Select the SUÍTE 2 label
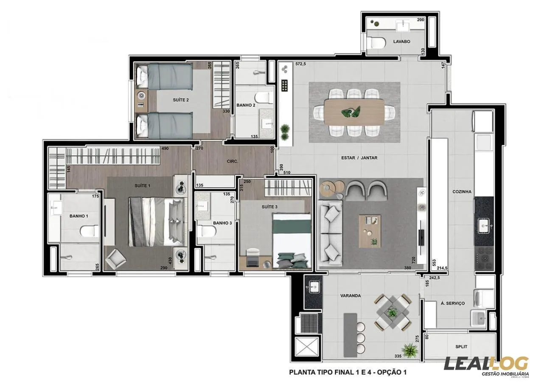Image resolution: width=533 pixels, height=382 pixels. [x=181, y=100]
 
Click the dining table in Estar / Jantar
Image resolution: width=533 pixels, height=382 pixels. [x=354, y=112]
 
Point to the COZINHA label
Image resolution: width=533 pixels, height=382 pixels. [x=462, y=192]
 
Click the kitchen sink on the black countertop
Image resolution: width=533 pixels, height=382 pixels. [x=484, y=225]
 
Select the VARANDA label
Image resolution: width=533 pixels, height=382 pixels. [x=351, y=296]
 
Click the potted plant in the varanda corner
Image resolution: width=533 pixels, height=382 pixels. [x=410, y=350]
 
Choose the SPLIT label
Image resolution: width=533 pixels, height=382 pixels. [x=461, y=347]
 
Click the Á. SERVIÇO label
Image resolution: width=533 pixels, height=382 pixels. [x=453, y=303]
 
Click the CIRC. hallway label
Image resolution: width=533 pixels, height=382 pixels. [x=233, y=161]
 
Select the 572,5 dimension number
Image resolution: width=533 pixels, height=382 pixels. [x=301, y=64]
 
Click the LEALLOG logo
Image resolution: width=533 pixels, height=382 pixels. [x=486, y=364]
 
